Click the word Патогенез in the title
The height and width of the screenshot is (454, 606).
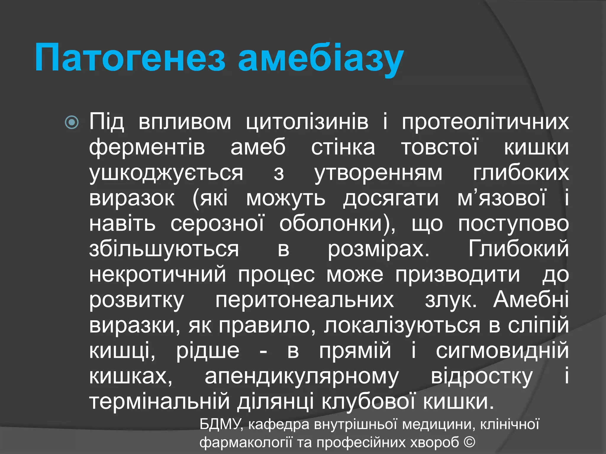click(x=130, y=58)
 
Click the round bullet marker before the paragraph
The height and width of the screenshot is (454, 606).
click(x=72, y=122)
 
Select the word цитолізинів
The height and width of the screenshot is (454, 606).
click(x=307, y=122)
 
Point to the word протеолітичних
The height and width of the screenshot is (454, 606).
click(x=485, y=122)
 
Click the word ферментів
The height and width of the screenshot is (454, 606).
click(x=147, y=147)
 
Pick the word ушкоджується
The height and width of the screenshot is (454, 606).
click(x=166, y=173)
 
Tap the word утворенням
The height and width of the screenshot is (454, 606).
click(x=378, y=173)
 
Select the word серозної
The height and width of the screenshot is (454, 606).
click(x=217, y=224)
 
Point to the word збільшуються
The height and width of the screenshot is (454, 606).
click(x=164, y=249)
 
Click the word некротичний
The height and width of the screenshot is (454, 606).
click(x=158, y=275)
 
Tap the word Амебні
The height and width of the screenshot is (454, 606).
click(x=531, y=299)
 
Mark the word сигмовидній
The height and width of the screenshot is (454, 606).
click(x=502, y=351)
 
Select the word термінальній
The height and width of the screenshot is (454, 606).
click(x=160, y=401)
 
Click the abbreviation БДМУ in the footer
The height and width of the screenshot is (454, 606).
click(x=221, y=424)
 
